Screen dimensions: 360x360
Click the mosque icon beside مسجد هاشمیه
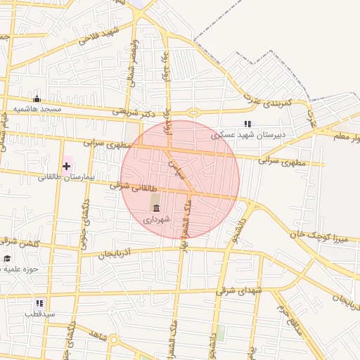pyautogui.click(x=37, y=99)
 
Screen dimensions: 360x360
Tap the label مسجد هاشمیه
pyautogui.click(x=41, y=110)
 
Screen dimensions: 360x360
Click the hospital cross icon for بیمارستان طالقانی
pyautogui.click(x=66, y=166)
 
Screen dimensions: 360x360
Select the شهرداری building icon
pyautogui.click(x=155, y=208)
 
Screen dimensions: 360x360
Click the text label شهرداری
pyautogui.click(x=157, y=219)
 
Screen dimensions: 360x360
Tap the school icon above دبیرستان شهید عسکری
pyautogui.click(x=247, y=124)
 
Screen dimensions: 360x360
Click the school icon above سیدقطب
pyautogui.click(x=39, y=303)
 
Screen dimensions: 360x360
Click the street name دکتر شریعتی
pyautogui.click(x=131, y=111)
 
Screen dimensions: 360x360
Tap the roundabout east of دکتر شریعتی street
pyautogui.click(x=193, y=112)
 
